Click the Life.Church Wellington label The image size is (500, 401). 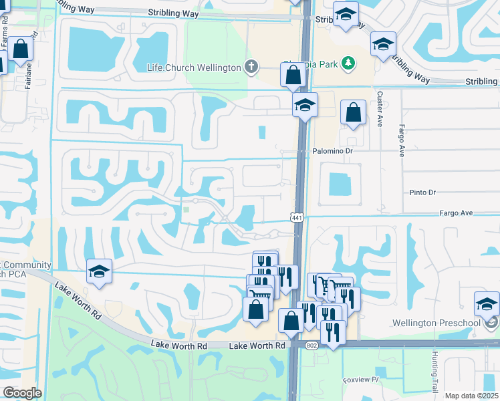pos(193,68)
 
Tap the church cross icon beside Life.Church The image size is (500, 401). pos(251,67)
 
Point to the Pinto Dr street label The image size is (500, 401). pos(422,192)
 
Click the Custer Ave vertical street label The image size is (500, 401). pos(379,109)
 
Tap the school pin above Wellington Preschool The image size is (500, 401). pos(487,304)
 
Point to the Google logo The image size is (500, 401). pos(21,393)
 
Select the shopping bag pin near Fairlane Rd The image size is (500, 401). pos(21,48)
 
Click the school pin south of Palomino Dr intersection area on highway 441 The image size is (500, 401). pos(305,105)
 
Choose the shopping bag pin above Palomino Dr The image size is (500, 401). pos(353,112)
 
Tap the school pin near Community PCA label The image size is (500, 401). pos(99,272)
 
